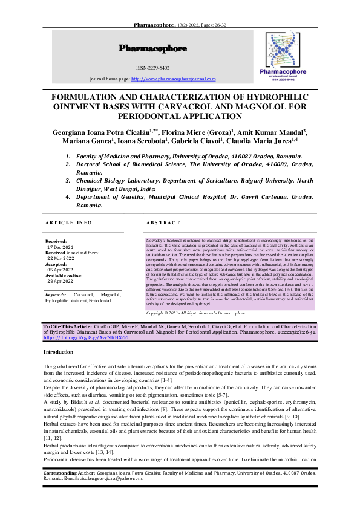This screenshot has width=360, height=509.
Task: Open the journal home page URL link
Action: coord(173,79)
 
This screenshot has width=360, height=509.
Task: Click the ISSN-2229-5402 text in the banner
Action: coord(152,68)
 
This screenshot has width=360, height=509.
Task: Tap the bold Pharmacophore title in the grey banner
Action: coord(152,48)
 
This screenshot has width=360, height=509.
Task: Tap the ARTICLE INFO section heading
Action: coord(69,223)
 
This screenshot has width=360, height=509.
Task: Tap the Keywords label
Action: coord(56,295)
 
